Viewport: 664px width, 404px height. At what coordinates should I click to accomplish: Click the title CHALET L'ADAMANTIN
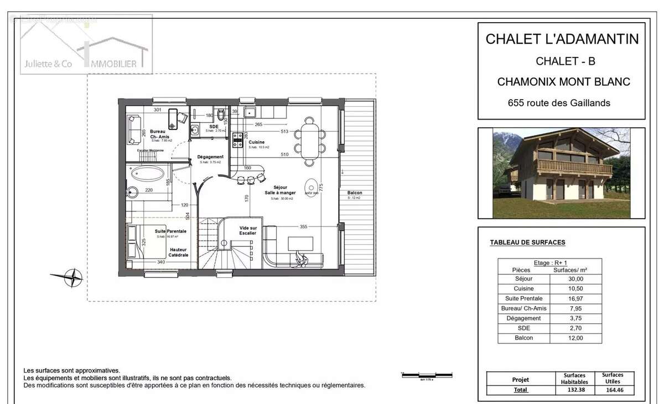tap(562, 39)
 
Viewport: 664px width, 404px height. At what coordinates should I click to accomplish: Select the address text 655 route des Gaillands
tap(559, 103)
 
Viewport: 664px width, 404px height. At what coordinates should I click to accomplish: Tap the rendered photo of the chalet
tap(562, 173)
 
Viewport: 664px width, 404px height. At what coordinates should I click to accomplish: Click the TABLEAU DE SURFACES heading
tap(527, 242)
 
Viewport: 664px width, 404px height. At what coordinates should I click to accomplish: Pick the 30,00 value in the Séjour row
tap(576, 279)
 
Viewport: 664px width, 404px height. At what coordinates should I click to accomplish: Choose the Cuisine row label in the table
tap(524, 289)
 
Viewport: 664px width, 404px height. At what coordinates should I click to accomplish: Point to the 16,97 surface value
tap(576, 298)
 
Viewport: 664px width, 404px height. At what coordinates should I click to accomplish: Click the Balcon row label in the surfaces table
tap(524, 338)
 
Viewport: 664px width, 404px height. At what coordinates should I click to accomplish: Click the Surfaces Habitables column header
tap(574, 378)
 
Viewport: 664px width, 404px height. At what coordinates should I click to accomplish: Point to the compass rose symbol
tap(72, 277)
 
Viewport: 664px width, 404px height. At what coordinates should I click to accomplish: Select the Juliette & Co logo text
tap(48, 64)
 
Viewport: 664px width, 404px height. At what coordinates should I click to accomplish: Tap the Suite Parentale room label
tap(170, 231)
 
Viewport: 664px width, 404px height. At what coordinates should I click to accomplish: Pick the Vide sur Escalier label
tap(247, 230)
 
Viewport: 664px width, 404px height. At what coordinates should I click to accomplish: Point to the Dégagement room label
tap(210, 157)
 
